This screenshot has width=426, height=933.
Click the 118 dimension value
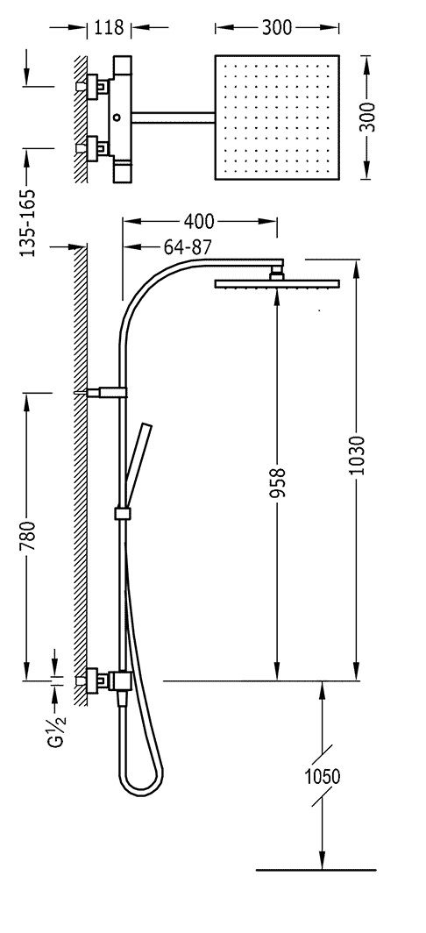pyautogui.click(x=109, y=27)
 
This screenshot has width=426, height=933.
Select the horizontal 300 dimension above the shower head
pyautogui.click(x=277, y=27)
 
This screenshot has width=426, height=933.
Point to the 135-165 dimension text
pyautogui.click(x=28, y=223)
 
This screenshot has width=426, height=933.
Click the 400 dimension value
pyautogui.click(x=198, y=221)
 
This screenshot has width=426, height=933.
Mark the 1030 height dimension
pyautogui.click(x=357, y=456)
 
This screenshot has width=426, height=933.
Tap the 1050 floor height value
pyautogui.click(x=322, y=777)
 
